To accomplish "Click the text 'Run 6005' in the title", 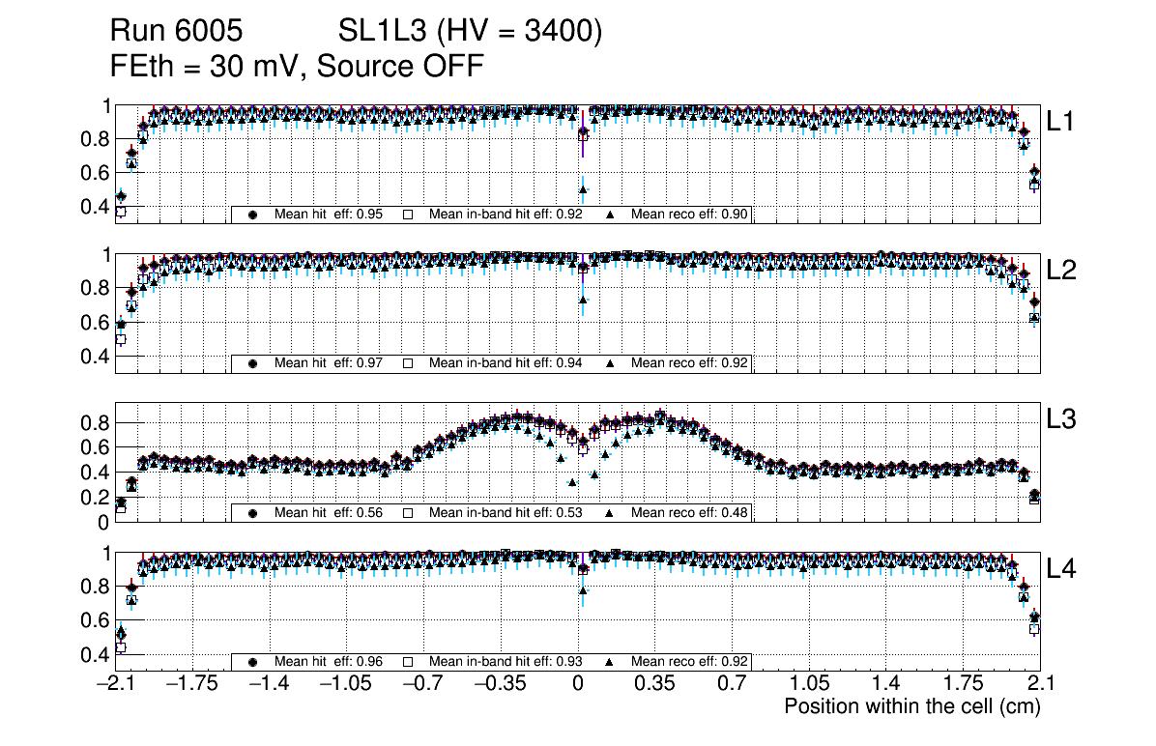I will point(175,32).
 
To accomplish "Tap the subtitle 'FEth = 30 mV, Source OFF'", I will point(297,66).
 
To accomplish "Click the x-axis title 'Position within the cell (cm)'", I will point(911,706).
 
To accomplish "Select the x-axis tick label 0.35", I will point(654,684).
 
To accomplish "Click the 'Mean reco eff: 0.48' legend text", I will point(690,512).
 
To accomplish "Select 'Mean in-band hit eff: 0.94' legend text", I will point(505,363).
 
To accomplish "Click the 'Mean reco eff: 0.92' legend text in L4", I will point(690,662).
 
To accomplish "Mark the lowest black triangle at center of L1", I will point(583,189).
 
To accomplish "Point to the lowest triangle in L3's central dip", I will point(572,481).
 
